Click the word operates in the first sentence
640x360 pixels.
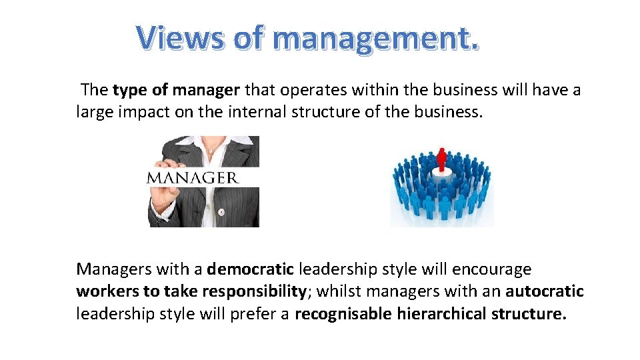tap(305, 90)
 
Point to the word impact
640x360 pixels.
tap(140, 111)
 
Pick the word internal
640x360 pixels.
tap(255, 111)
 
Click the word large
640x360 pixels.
tap(94, 111)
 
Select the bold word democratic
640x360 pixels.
tap(250, 269)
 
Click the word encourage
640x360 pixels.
tap(492, 269)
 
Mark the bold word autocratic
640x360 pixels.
tap(544, 291)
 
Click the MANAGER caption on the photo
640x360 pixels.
tap(192, 178)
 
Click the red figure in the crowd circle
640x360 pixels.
tap(441, 159)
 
